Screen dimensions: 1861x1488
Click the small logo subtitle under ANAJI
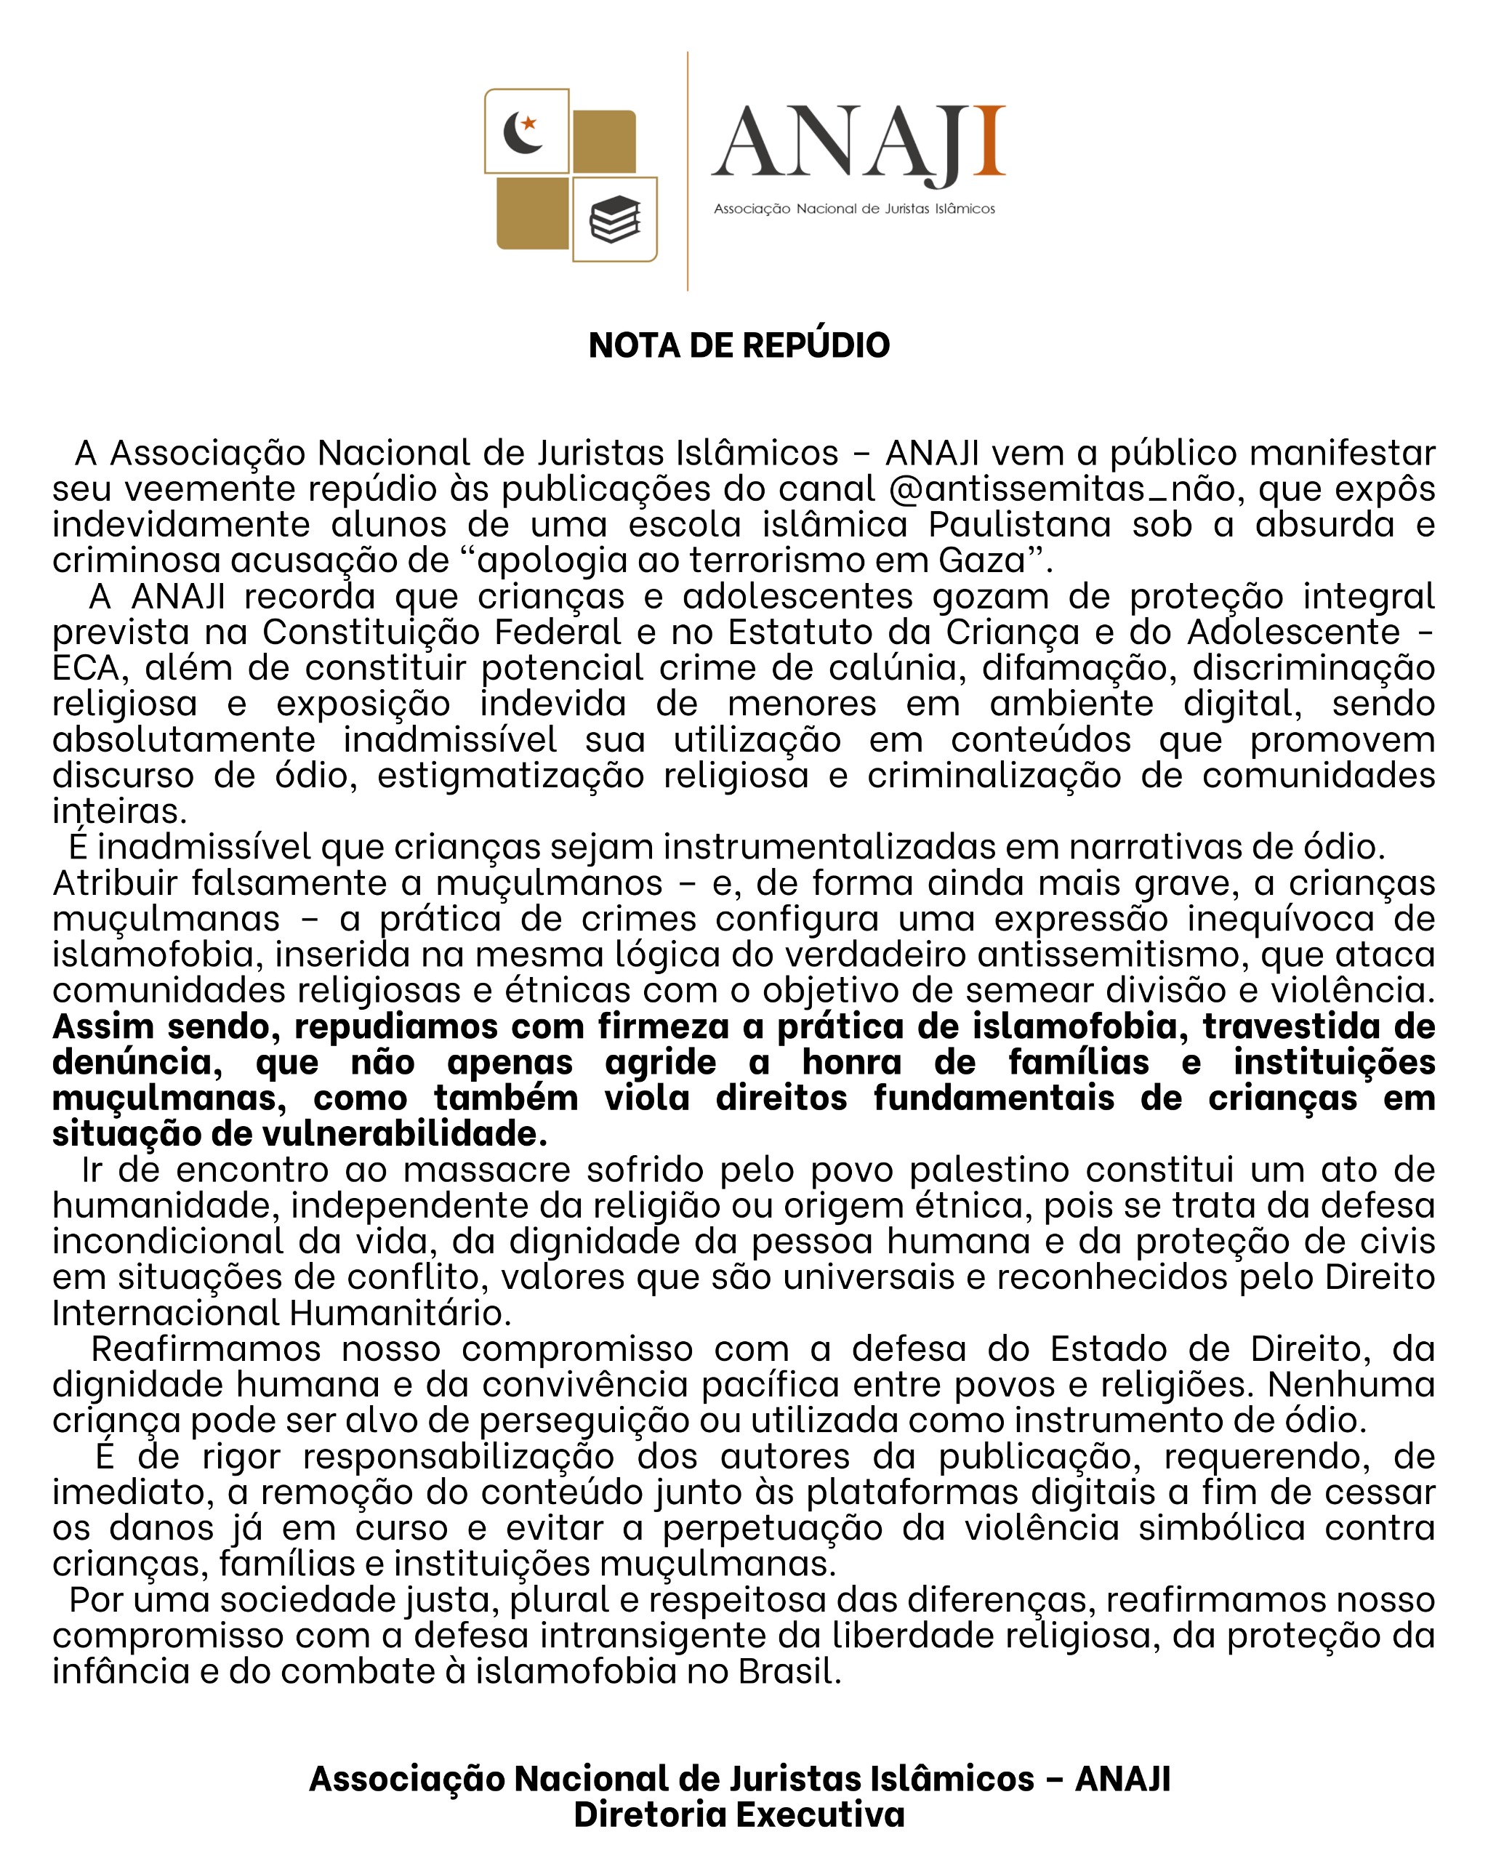coord(853,209)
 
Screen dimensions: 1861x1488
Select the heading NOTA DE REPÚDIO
coord(739,345)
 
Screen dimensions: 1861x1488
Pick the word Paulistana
coord(1020,525)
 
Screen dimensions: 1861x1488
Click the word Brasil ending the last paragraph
coord(788,1672)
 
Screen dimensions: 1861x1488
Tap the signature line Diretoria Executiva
coord(739,1815)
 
